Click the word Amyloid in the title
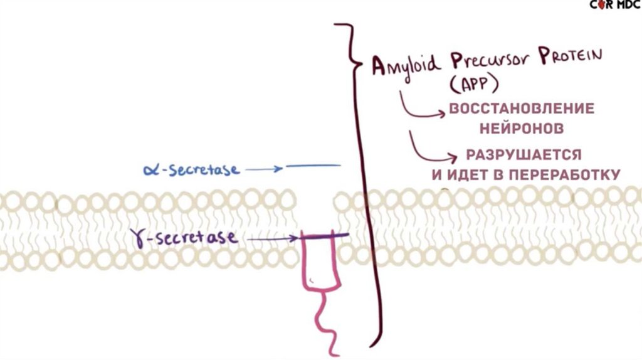coord(402,66)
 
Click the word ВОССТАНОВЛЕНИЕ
coord(521,109)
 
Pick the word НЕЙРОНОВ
coord(521,129)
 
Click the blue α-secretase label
coord(191,169)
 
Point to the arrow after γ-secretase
coord(271,239)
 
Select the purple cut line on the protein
coord(324,236)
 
